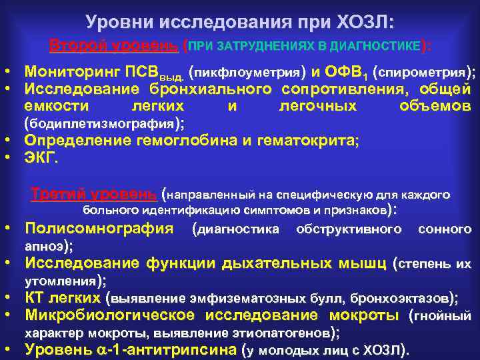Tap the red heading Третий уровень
[x=94, y=195]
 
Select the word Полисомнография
[x=99, y=229]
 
